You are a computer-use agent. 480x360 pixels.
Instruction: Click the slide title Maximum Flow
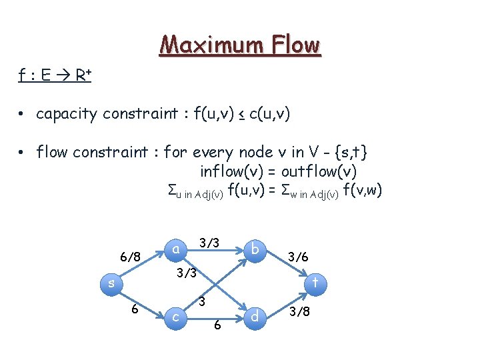coord(240,45)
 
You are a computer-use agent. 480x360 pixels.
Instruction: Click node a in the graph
coord(175,249)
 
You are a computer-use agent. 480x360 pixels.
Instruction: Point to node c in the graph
coord(175,317)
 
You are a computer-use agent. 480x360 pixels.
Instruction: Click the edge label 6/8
coord(129,257)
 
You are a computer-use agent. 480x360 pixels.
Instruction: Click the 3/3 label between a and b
coord(210,242)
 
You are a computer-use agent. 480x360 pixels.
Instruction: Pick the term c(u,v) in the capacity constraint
coord(269,114)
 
